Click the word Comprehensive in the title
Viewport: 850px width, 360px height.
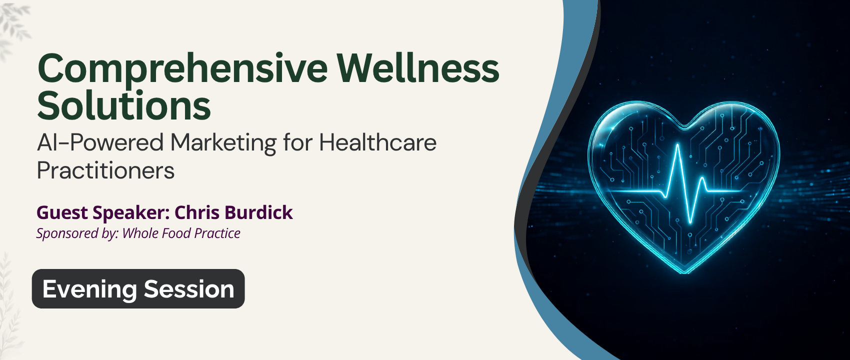[x=182, y=69]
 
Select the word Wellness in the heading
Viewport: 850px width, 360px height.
[x=418, y=68]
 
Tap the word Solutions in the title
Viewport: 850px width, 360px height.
[x=124, y=105]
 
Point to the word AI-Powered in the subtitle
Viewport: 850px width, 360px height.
[x=100, y=143]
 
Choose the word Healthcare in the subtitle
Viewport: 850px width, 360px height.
[x=378, y=142]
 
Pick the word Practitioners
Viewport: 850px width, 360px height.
[x=106, y=170]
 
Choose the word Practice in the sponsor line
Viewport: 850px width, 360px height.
[x=217, y=233]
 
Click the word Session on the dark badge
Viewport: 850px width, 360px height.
[x=189, y=289]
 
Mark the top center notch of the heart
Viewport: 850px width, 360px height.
[x=684, y=128]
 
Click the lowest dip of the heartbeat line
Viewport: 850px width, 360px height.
[x=690, y=222]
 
